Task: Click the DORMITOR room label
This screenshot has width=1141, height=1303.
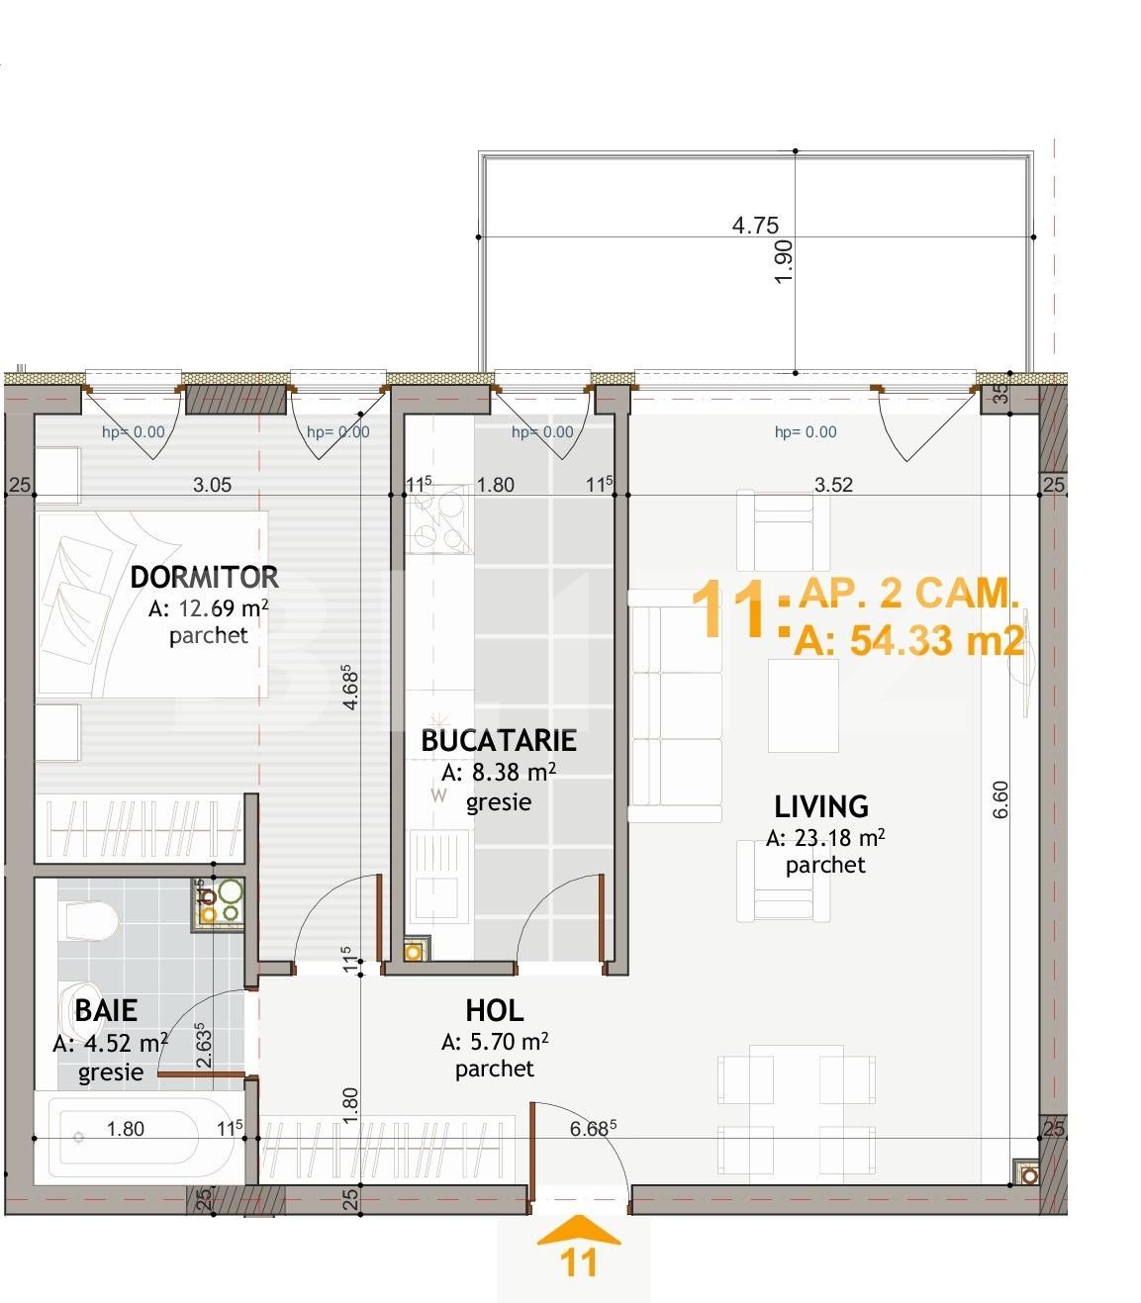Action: pyautogui.click(x=204, y=577)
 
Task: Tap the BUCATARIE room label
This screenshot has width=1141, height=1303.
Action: pyautogui.click(x=499, y=740)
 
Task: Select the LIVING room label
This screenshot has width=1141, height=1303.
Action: pyautogui.click(x=821, y=806)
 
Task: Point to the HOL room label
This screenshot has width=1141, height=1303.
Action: pyautogui.click(x=495, y=1010)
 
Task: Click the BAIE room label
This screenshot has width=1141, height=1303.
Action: pyautogui.click(x=106, y=1010)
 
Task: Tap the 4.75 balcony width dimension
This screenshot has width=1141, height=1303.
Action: pyautogui.click(x=755, y=225)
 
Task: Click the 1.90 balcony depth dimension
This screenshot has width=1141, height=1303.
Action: pyautogui.click(x=785, y=262)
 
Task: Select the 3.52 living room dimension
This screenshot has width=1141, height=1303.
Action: pyautogui.click(x=833, y=485)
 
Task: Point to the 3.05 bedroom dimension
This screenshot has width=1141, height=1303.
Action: pyautogui.click(x=212, y=485)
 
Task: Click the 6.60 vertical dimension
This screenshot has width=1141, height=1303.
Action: pyautogui.click(x=1000, y=799)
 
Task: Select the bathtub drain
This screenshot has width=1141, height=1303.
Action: pyautogui.click(x=78, y=1137)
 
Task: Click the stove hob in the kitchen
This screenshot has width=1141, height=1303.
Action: pyautogui.click(x=438, y=521)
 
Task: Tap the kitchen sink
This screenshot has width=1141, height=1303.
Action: pyautogui.click(x=438, y=875)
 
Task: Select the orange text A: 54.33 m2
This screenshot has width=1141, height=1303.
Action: pyautogui.click(x=908, y=640)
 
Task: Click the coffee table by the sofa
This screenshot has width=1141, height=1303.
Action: pyautogui.click(x=803, y=706)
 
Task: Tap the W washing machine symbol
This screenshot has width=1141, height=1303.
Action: pyautogui.click(x=438, y=795)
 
